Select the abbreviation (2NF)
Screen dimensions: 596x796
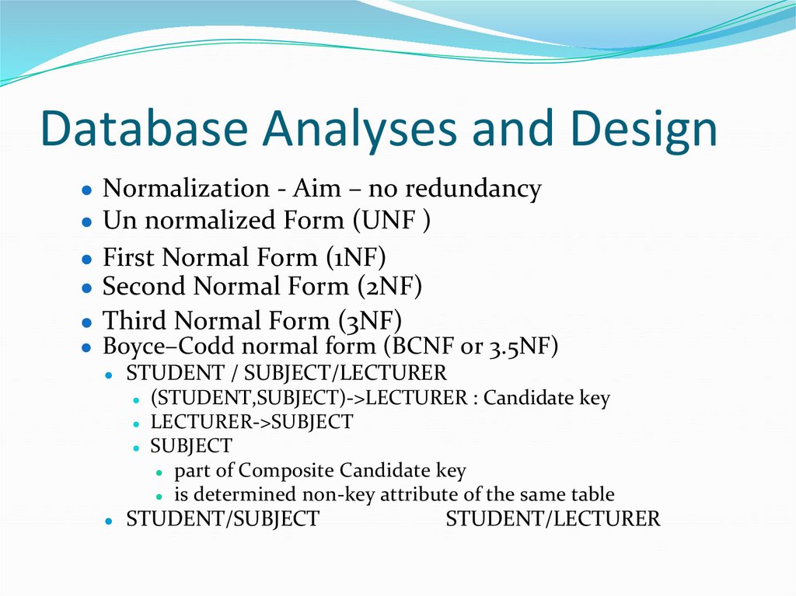point(389,287)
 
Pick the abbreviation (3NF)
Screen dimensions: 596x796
point(369,320)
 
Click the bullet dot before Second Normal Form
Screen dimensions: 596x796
point(87,288)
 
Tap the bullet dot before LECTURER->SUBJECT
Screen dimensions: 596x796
point(135,424)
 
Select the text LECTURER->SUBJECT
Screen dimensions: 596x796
point(251,423)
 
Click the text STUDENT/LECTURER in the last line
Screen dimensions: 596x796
point(553,519)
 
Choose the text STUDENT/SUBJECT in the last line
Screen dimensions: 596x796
point(222,519)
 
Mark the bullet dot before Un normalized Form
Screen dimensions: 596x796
point(87,221)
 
